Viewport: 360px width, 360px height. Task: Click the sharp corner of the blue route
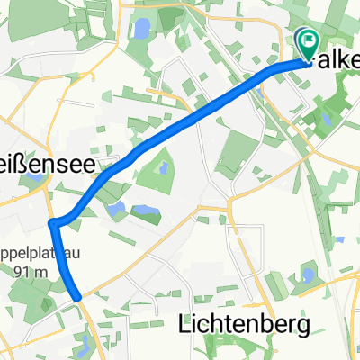pyautogui.click(x=54, y=222)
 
